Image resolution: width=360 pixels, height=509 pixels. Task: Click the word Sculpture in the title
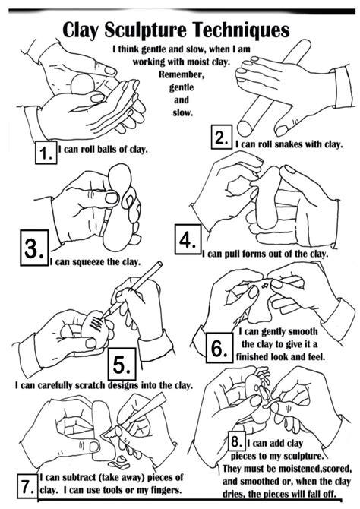(x=145, y=30)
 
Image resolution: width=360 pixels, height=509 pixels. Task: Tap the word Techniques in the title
(x=240, y=30)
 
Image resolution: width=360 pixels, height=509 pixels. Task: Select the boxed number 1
(x=46, y=152)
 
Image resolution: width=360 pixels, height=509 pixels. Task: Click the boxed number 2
(x=222, y=138)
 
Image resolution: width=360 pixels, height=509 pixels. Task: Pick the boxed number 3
(x=34, y=248)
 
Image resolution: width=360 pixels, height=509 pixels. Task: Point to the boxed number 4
(x=188, y=239)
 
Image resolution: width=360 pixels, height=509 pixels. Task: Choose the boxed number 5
(x=122, y=364)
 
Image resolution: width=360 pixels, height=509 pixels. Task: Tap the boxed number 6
(x=219, y=348)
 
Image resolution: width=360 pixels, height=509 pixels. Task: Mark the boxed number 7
(x=27, y=486)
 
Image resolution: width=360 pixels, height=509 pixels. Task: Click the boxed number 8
(x=237, y=441)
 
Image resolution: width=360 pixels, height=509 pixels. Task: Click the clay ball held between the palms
(x=83, y=84)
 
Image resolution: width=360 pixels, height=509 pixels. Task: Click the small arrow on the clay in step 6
(x=265, y=286)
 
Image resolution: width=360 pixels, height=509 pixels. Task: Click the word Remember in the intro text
(x=181, y=74)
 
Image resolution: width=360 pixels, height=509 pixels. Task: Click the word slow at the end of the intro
(x=182, y=113)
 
